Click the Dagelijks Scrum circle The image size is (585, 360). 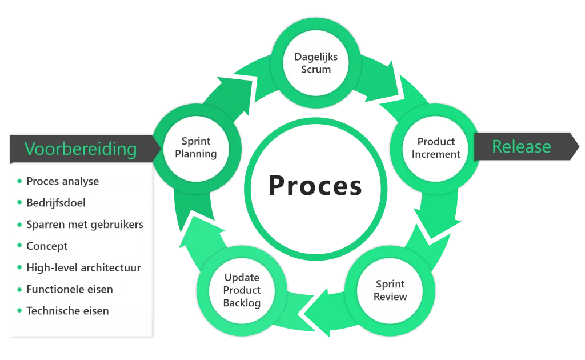(316, 63)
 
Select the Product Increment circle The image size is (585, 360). (436, 148)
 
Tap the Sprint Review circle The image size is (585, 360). (390, 290)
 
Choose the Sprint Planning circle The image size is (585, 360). (196, 147)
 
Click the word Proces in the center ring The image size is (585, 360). (315, 185)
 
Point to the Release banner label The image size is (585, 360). (522, 147)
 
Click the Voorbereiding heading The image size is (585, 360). (81, 149)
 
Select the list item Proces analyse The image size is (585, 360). (62, 182)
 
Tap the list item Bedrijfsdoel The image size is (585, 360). (56, 203)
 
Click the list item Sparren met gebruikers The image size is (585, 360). (85, 225)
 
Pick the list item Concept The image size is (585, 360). (47, 246)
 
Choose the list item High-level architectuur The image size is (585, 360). (83, 267)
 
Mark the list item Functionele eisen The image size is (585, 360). (69, 289)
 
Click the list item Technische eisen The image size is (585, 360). (67, 311)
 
